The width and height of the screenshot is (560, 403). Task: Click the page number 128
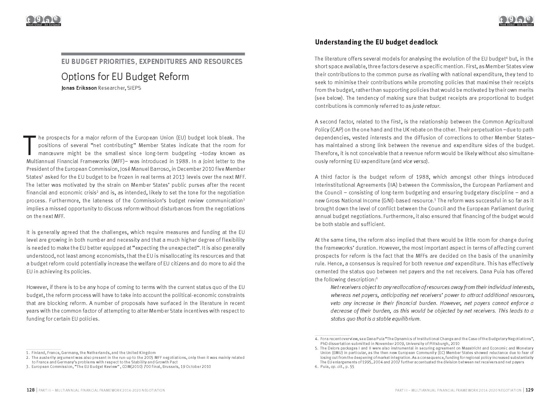click(31, 390)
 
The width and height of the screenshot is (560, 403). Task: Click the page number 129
click(529, 390)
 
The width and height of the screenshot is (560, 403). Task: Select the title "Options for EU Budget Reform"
click(125, 76)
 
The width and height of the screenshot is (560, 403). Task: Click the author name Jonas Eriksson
click(79, 88)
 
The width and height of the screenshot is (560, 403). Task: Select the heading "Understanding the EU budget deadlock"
click(376, 42)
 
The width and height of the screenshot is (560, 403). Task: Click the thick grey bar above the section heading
click(153, 54)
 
